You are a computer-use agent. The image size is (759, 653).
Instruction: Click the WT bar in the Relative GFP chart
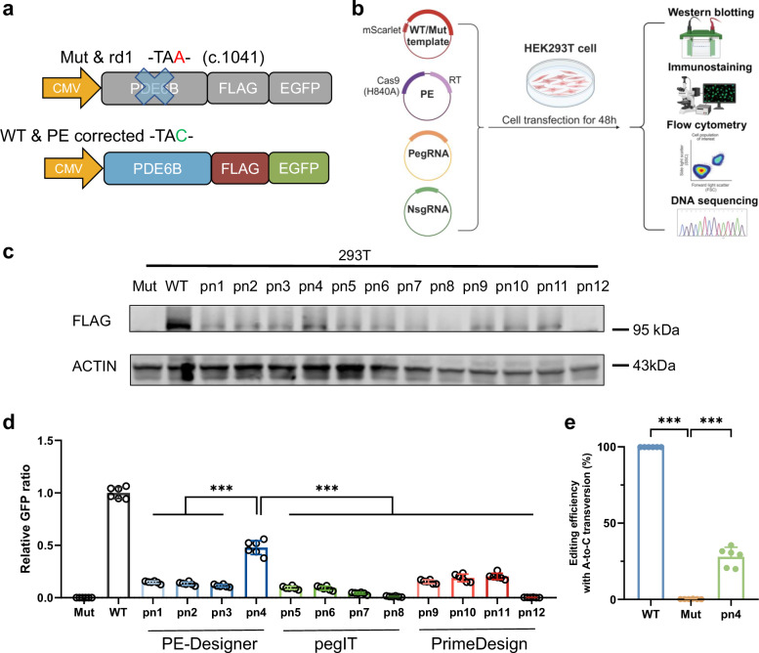click(117, 545)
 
